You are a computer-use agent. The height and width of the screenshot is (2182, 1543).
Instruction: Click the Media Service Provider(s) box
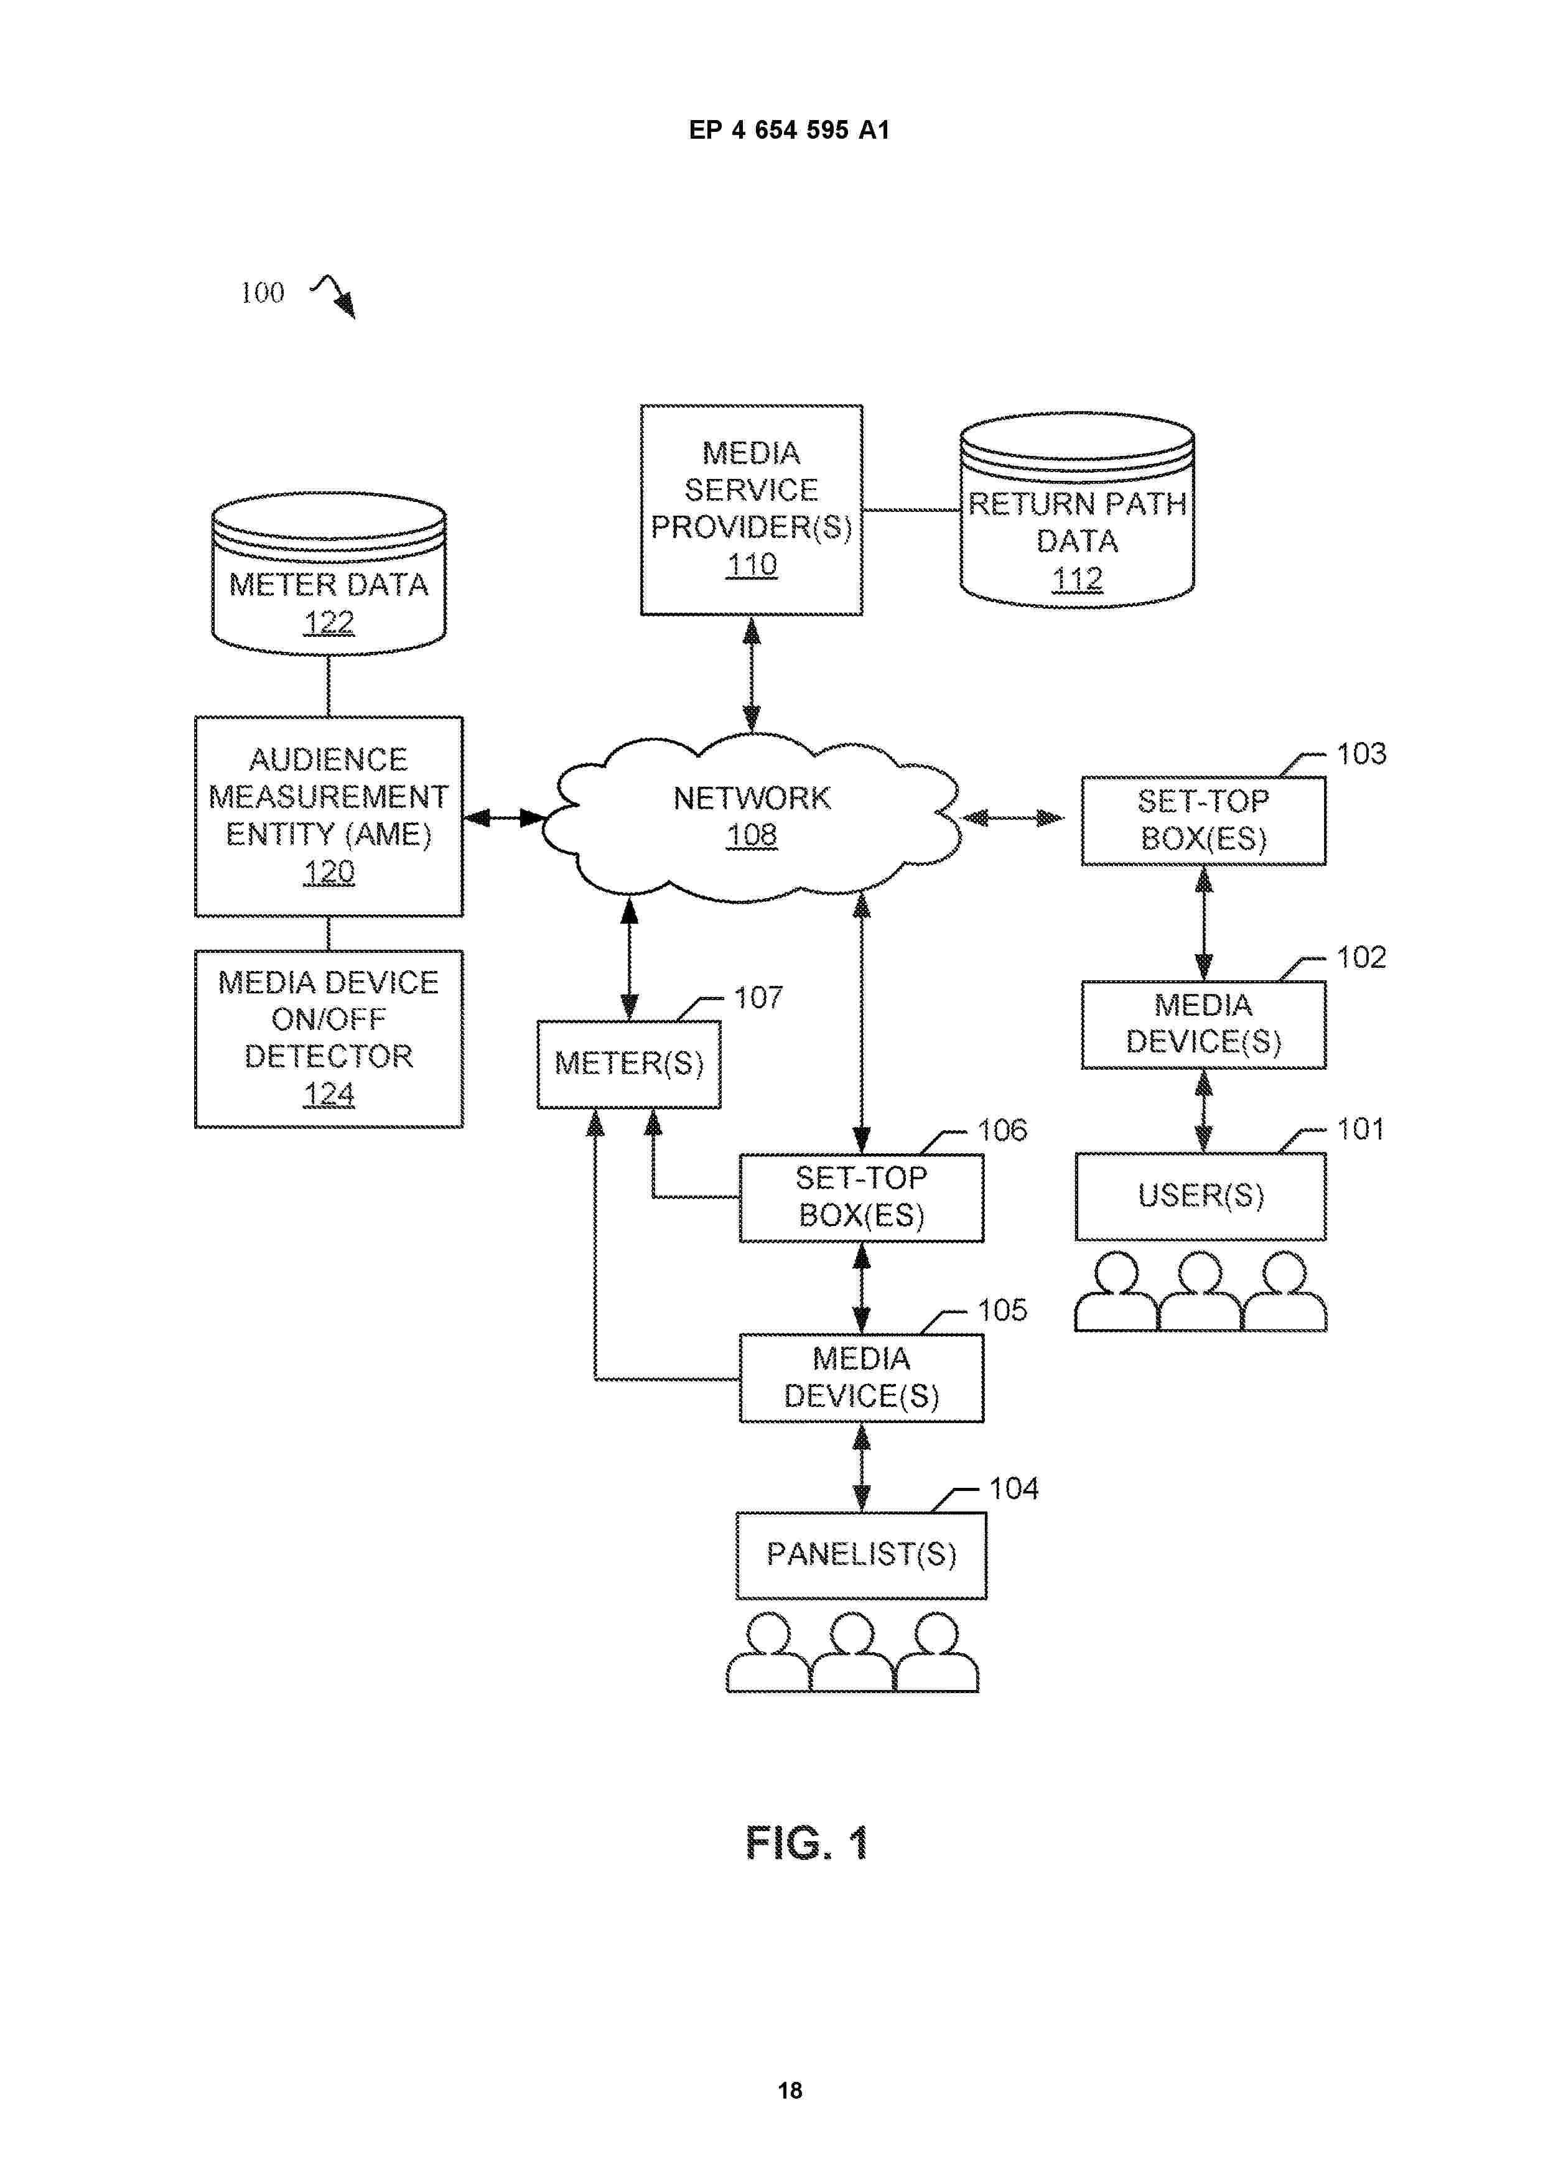tap(751, 509)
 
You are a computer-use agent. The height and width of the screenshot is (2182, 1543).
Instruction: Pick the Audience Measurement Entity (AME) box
tap(329, 815)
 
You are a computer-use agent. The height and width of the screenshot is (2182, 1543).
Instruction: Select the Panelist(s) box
tap(861, 1555)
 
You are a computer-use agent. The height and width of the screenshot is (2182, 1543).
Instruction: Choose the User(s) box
tap(1201, 1195)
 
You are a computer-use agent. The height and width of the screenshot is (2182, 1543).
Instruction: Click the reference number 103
tap(1361, 754)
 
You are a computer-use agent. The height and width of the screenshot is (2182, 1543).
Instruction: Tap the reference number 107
tap(758, 998)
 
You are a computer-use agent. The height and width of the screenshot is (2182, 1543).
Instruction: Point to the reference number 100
tap(263, 293)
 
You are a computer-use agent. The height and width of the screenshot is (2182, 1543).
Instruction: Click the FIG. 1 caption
tap(806, 1844)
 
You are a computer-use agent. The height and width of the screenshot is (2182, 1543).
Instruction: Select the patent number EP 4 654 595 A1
tap(789, 130)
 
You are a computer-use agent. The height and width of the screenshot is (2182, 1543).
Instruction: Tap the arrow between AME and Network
tap(504, 817)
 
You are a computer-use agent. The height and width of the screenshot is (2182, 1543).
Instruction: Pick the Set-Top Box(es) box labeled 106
tap(861, 1197)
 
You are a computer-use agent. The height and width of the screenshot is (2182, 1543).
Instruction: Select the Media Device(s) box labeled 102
tap(1203, 1024)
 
